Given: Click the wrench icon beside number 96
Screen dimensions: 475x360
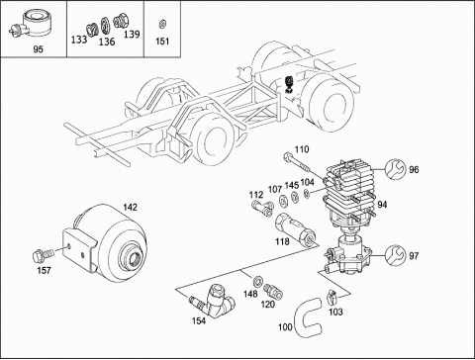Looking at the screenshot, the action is coord(395,169).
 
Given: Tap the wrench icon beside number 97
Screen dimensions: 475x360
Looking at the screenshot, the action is coord(395,255).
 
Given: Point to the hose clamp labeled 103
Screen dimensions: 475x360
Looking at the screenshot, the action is coord(332,297).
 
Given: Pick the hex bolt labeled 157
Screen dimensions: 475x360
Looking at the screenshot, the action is coord(43,256).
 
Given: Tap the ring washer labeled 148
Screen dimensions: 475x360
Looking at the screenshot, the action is coord(257,281).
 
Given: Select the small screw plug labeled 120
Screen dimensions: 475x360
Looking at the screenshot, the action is coord(273,291).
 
